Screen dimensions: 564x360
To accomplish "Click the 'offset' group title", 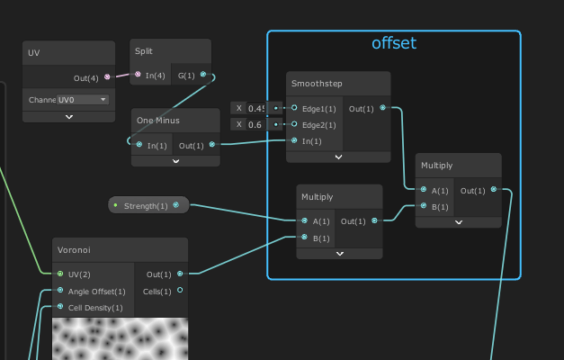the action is [x=394, y=42].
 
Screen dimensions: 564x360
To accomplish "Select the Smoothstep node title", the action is [x=317, y=84].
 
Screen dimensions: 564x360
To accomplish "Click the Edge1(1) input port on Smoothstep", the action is [x=294, y=108].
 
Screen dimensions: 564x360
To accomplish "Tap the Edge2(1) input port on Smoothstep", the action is [x=294, y=124].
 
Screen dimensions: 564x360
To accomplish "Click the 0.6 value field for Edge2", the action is [x=255, y=124].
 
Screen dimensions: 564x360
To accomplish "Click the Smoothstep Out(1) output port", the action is [x=383, y=108].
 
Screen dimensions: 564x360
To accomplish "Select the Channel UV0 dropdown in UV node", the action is [x=83, y=100].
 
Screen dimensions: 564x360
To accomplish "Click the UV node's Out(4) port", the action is [x=108, y=77].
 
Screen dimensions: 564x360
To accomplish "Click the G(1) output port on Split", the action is [x=203, y=75].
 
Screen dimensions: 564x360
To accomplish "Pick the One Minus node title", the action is [x=158, y=121].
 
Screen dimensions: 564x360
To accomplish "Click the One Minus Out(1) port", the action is [x=211, y=144].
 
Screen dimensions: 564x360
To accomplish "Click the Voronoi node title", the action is [x=75, y=250].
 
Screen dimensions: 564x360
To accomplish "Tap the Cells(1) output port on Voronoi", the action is [x=180, y=290].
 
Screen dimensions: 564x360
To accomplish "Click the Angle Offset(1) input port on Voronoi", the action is [x=60, y=291].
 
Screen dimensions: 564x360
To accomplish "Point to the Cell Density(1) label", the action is [x=96, y=307].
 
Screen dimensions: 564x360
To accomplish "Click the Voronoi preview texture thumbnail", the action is [x=120, y=339].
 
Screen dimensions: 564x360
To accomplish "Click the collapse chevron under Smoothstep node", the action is [x=338, y=157].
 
